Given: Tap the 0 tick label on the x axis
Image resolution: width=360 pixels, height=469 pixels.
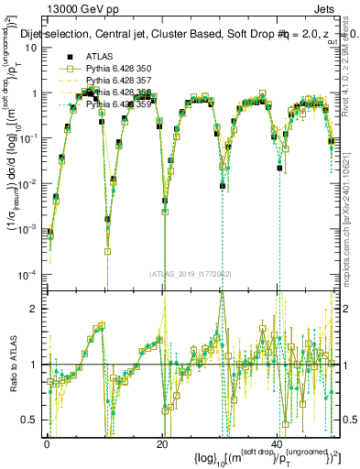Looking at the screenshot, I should (48, 442).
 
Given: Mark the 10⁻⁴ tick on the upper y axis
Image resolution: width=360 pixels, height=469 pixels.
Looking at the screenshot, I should (30, 275).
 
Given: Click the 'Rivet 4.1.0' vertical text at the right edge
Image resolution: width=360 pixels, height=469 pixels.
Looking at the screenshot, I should (353, 73).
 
